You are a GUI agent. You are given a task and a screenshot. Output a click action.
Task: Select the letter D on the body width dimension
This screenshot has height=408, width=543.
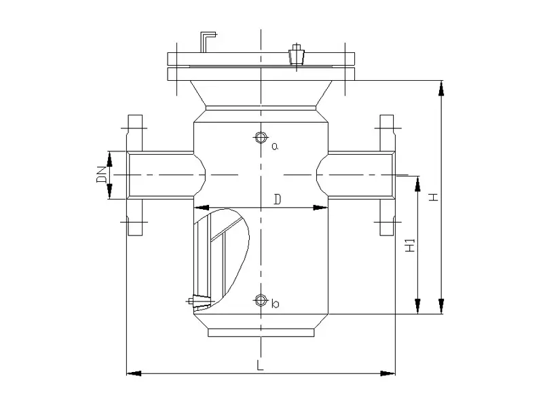coord(276,199)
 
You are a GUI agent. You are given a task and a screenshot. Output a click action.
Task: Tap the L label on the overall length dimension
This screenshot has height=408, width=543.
coord(261,365)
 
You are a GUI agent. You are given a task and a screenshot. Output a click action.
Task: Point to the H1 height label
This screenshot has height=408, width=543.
coord(409,246)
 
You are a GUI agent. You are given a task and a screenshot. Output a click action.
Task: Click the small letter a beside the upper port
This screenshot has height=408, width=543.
coord(275,145)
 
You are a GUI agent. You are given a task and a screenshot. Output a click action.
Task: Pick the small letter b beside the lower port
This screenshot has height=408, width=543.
coord(275,304)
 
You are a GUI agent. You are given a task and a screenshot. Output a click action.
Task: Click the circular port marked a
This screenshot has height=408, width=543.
coord(260,138)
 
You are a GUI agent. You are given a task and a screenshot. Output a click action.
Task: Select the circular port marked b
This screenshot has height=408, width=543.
coord(260,299)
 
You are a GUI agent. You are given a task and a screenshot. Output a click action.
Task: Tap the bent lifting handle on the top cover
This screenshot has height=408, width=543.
coord(206,41)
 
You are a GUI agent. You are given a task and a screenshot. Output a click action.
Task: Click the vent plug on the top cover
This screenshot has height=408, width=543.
coord(296,55)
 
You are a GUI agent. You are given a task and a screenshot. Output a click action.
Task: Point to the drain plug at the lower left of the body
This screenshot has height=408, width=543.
coord(199,301)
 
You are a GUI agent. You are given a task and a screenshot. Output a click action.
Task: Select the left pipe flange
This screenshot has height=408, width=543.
coord(135,175)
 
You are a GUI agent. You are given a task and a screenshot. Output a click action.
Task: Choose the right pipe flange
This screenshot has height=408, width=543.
coord(387,175)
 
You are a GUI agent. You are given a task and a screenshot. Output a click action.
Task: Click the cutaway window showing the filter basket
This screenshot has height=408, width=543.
coord(221,255)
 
